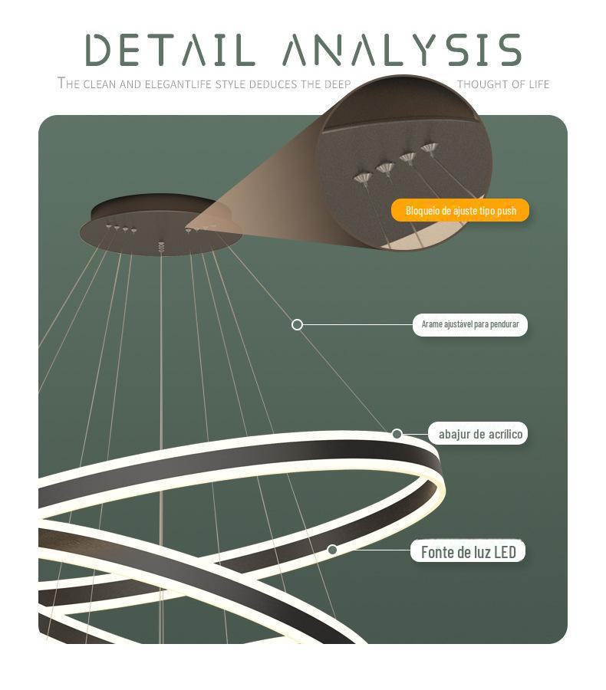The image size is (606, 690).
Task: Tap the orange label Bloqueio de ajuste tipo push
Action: point(460,210)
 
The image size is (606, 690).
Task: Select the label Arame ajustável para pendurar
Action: point(470,324)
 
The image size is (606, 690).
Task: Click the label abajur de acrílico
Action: point(480,434)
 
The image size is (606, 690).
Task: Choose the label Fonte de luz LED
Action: point(468,551)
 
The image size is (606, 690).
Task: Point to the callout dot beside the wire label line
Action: point(298,325)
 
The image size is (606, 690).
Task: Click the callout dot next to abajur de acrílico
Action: point(397,434)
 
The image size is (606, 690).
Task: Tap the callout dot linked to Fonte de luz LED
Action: point(332,550)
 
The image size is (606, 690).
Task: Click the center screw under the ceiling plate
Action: point(161,247)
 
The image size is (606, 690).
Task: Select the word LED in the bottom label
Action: point(505,551)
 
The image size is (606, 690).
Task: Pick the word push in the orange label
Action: point(506,210)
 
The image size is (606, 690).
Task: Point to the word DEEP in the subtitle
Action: point(337,84)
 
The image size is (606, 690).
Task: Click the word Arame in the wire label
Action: point(432,324)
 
